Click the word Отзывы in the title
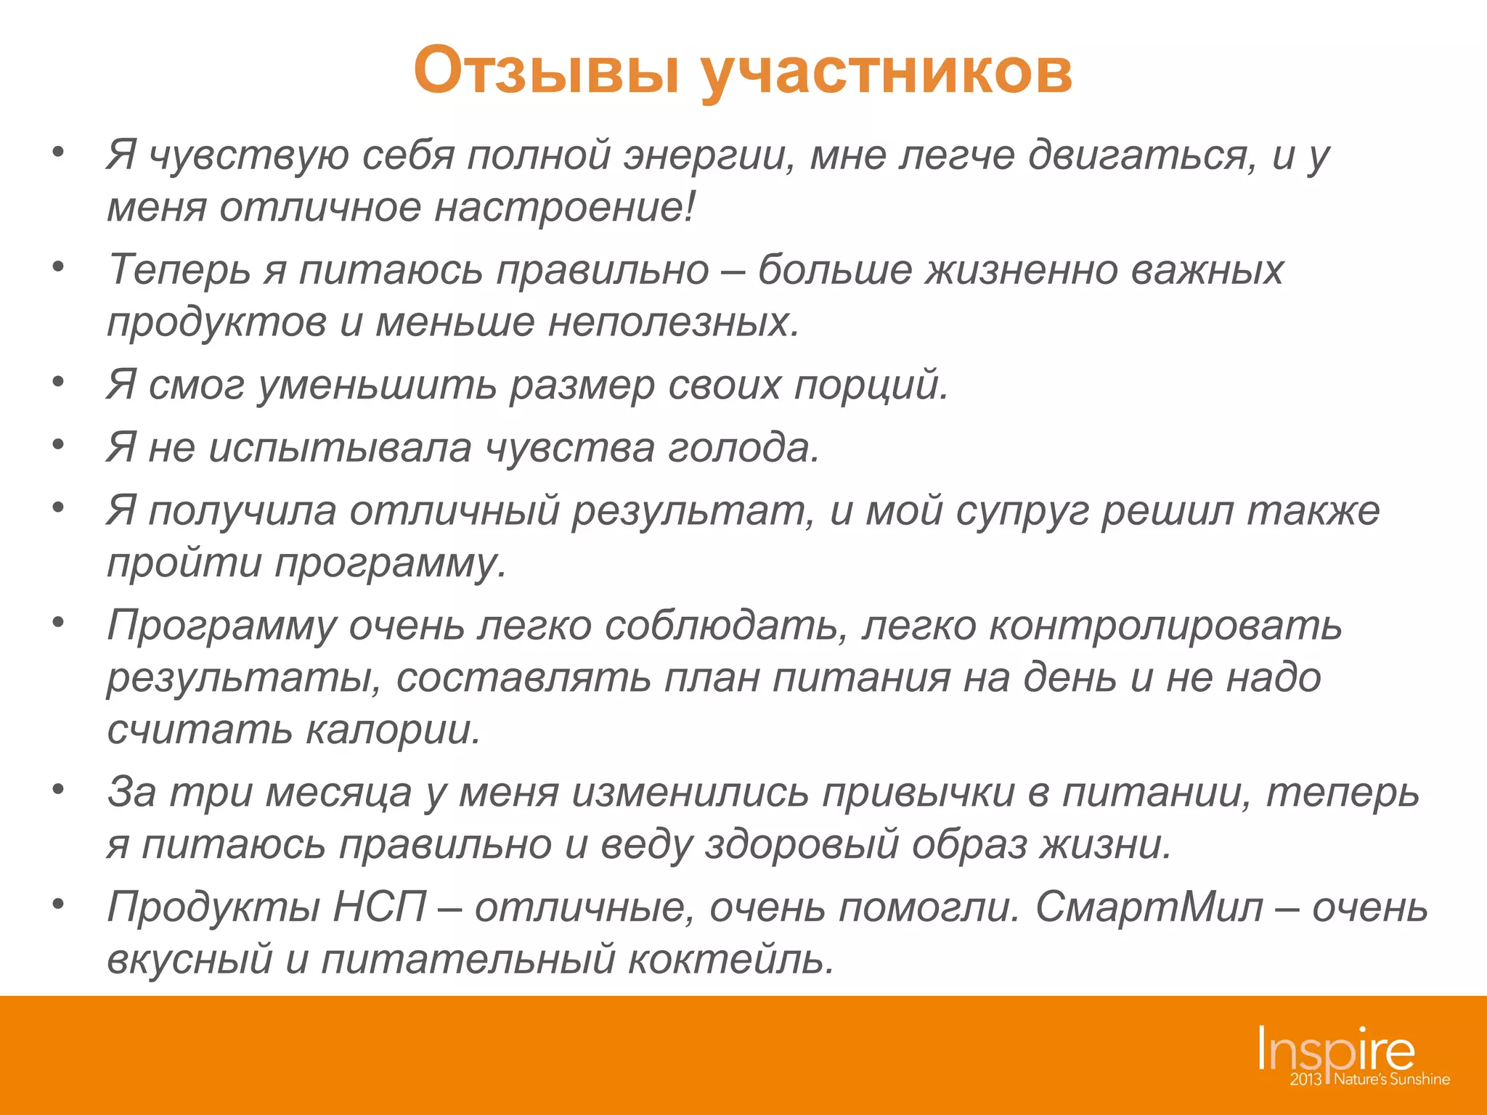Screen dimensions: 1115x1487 (547, 70)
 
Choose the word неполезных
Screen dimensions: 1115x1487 (673, 322)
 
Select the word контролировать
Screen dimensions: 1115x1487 (1165, 626)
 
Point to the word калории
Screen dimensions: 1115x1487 (393, 730)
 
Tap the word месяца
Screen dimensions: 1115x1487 (339, 792)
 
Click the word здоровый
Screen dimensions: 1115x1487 (802, 844)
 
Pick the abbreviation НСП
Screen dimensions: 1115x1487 (380, 907)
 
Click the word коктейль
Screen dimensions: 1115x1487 (730, 959)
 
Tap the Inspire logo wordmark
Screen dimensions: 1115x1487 (1336, 1050)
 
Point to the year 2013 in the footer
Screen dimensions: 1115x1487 (1305, 1079)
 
